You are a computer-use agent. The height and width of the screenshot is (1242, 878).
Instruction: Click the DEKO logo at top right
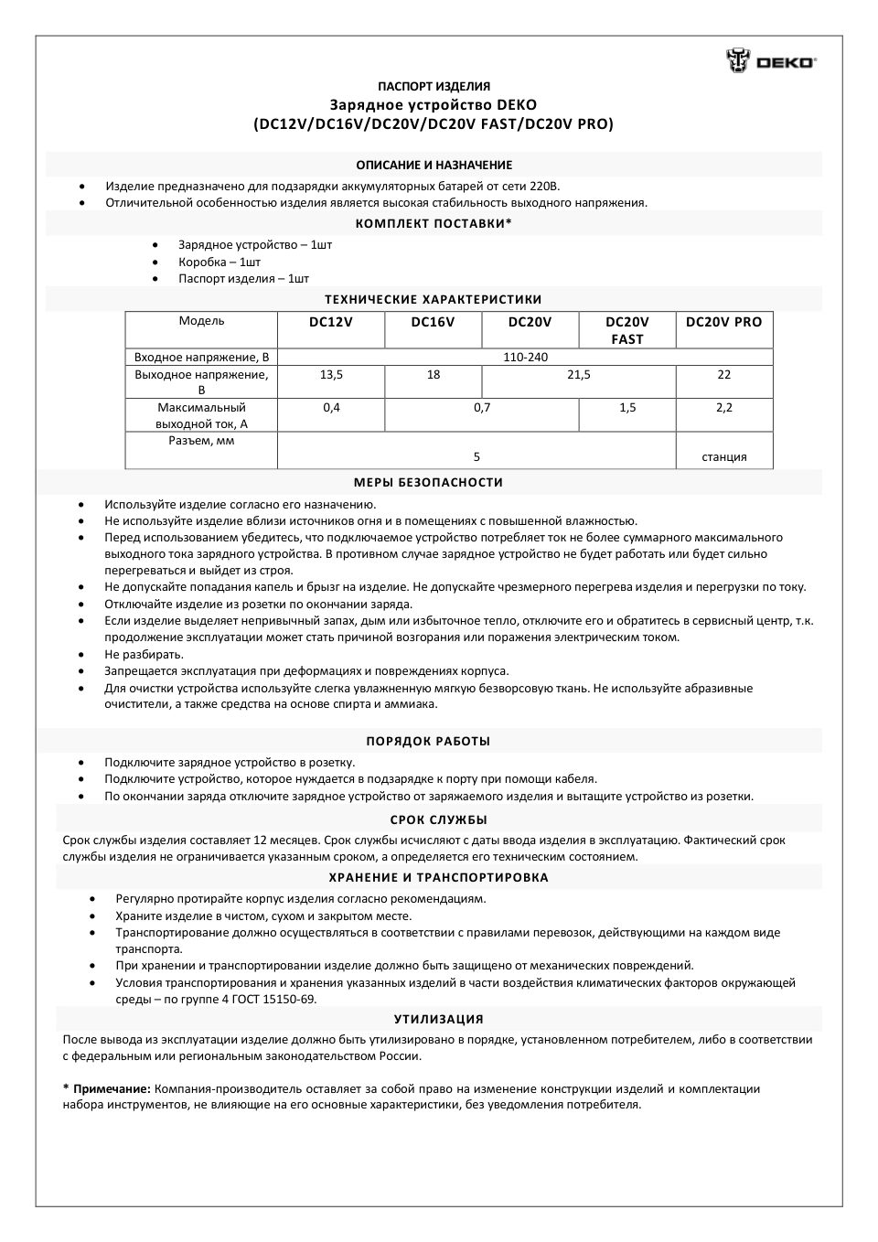771,61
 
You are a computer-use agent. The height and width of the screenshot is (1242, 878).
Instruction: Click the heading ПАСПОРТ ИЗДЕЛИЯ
434,87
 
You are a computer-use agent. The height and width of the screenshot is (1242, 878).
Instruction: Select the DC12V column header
331,322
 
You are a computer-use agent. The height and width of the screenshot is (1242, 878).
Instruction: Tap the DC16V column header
433,322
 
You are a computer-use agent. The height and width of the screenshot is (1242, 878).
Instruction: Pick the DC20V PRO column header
723,322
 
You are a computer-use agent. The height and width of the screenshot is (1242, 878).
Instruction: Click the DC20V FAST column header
626,330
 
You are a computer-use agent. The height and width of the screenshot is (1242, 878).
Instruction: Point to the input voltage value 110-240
525,358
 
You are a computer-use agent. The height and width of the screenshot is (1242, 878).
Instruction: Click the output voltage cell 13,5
331,375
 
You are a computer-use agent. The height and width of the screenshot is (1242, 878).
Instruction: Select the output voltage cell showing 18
433,375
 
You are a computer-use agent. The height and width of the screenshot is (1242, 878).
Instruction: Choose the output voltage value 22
723,375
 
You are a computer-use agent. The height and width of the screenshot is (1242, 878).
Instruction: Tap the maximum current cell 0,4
331,408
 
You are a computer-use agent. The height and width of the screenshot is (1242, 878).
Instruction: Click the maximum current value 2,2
723,408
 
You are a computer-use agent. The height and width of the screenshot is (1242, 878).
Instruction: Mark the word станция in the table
723,457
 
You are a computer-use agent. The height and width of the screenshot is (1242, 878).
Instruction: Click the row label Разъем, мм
201,441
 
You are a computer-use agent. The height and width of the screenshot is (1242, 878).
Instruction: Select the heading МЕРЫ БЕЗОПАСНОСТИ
428,483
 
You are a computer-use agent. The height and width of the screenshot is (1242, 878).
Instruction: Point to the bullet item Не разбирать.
144,655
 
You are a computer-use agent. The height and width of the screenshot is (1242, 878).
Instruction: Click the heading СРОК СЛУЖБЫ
438,819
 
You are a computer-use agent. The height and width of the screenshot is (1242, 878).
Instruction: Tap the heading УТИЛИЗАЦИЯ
438,1019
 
